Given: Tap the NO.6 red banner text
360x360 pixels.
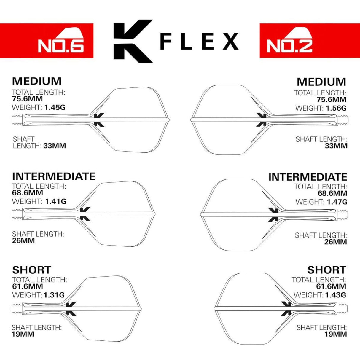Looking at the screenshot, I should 61,45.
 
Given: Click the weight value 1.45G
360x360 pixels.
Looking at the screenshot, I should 55,107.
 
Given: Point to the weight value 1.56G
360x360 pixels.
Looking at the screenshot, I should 336,108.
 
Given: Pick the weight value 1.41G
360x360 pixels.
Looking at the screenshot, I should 55,201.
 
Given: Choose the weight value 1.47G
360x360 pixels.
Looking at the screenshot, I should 337,202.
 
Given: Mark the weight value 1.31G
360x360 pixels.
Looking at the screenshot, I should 54,295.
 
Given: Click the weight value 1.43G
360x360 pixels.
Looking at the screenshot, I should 335,295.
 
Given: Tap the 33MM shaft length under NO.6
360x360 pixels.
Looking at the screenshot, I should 55,146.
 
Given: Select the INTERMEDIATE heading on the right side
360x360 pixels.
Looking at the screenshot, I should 308,177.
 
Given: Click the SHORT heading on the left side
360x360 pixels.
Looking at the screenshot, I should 31,270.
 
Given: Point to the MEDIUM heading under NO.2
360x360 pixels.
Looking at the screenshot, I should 321,82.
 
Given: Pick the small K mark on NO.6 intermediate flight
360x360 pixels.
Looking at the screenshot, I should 85,214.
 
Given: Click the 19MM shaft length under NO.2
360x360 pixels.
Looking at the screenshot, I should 336,334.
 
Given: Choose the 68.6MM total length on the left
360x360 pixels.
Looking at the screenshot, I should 27,193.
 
